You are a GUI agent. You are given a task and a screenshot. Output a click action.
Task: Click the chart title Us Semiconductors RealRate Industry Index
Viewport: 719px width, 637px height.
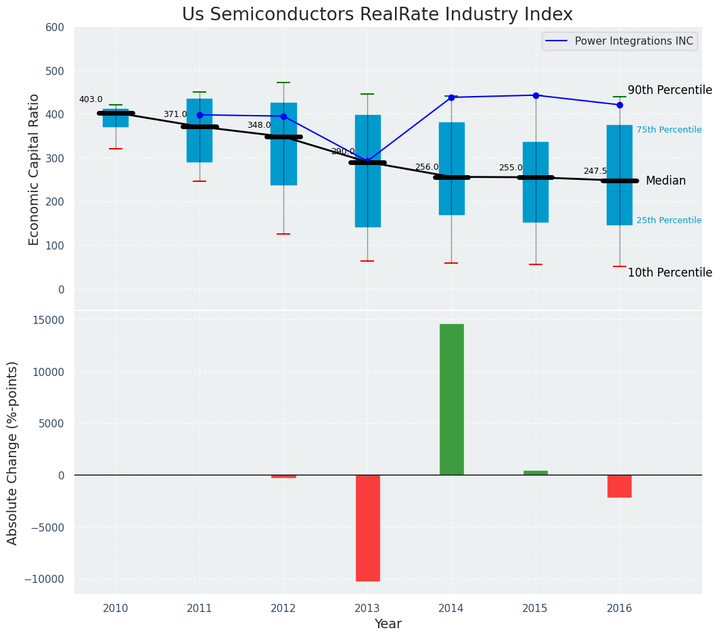tap(377, 15)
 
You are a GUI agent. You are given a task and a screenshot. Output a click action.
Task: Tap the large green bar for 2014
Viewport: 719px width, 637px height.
tap(451, 399)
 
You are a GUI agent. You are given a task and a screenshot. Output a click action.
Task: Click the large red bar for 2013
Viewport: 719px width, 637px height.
tap(367, 527)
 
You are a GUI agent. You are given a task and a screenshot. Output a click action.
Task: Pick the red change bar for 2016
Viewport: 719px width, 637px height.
tap(619, 486)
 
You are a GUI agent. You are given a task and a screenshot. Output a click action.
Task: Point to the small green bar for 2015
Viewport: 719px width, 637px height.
tap(535, 473)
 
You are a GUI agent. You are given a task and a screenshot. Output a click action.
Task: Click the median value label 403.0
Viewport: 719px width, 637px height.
tap(91, 100)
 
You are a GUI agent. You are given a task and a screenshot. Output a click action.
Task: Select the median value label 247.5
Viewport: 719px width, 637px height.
tap(595, 172)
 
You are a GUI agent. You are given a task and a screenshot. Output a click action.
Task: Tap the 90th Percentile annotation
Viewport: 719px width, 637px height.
tap(670, 91)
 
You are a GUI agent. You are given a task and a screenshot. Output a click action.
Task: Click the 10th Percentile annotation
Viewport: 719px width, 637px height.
tap(670, 273)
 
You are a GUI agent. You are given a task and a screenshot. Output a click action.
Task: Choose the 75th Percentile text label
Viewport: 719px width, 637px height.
tap(669, 130)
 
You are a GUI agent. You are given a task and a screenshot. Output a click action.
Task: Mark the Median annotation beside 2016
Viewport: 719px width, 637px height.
tap(666, 181)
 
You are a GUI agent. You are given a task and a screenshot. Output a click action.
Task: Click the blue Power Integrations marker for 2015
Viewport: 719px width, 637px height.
tap(536, 95)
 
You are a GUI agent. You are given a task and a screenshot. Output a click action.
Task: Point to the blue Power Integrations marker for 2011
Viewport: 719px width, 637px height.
tap(200, 115)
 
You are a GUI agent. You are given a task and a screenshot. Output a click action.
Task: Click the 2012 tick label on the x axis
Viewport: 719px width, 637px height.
tap(283, 608)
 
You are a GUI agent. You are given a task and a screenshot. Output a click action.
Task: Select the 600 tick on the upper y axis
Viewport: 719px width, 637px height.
tap(55, 28)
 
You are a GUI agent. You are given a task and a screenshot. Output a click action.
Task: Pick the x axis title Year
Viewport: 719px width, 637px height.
tap(388, 624)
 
